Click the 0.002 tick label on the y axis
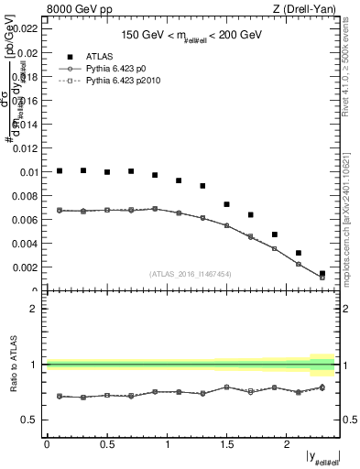click(27, 267)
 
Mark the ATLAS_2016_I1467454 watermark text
click(191, 274)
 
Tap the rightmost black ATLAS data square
click(322, 273)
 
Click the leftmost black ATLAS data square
click(60, 170)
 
